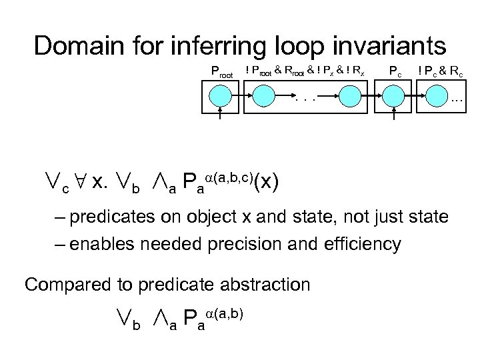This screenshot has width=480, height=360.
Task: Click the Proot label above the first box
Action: [221, 70]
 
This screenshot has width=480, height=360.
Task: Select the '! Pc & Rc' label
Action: [441, 70]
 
